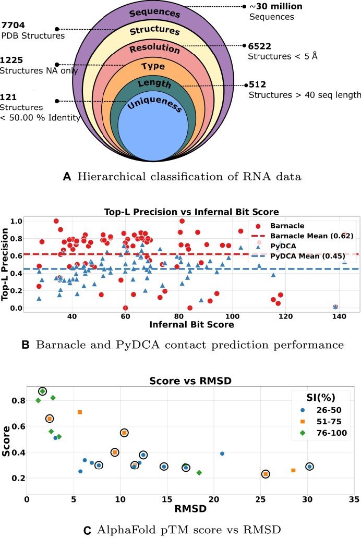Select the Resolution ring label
click(152, 50)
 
